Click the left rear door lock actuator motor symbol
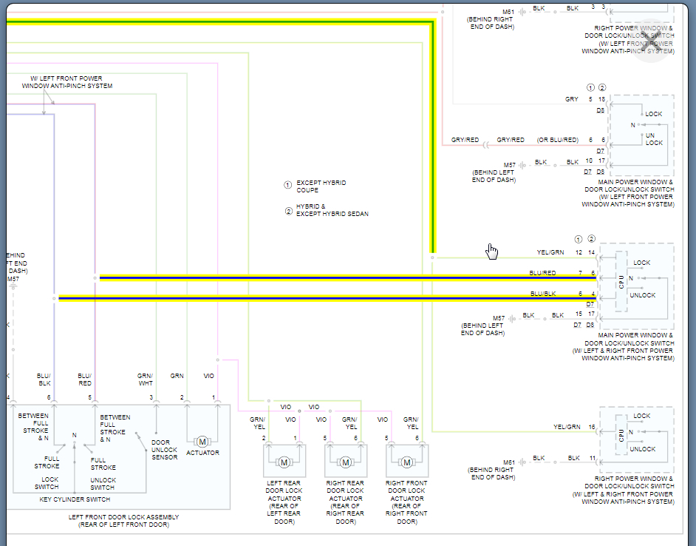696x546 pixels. [284, 462]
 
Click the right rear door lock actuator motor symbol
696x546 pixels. [345, 462]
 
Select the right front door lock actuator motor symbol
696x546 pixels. [406, 462]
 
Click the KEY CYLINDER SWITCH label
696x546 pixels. [75, 499]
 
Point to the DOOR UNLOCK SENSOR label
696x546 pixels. [164, 450]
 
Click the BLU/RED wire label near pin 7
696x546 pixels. [542, 273]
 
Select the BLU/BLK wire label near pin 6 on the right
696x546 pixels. [542, 294]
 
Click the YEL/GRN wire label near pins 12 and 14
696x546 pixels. [550, 252]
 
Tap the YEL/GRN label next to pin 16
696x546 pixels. [566, 427]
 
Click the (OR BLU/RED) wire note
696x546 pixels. [558, 140]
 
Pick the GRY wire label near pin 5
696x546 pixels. [571, 99]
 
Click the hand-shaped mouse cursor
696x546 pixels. [491, 252]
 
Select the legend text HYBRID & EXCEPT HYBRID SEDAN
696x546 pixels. [332, 210]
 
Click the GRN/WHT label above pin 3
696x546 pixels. [145, 380]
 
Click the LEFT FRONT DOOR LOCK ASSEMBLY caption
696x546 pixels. [123, 521]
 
